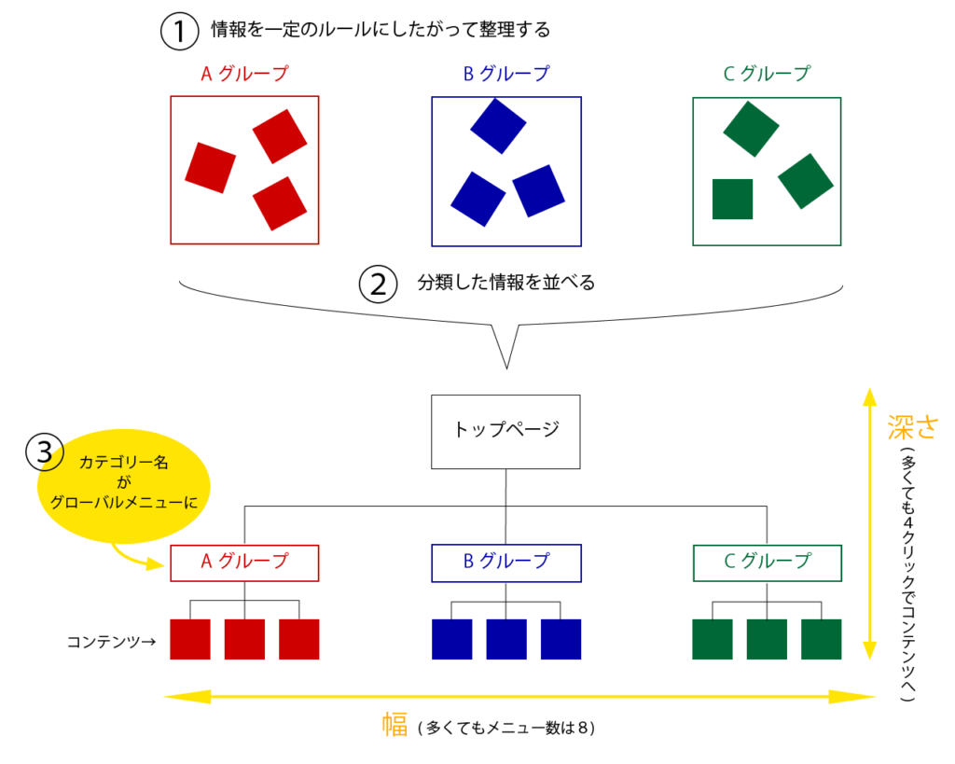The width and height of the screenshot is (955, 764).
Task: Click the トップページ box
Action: [505, 431]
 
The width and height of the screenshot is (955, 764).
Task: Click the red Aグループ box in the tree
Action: [244, 563]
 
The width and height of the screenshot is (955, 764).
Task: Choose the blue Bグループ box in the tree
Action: [505, 563]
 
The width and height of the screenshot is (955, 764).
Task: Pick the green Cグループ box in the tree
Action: [767, 563]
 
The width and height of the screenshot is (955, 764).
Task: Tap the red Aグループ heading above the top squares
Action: [244, 74]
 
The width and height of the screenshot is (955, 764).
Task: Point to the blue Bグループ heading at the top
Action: [505, 74]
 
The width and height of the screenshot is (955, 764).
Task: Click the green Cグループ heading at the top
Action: [767, 74]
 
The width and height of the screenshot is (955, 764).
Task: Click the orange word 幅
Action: [395, 726]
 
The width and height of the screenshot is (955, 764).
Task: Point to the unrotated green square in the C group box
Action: [732, 199]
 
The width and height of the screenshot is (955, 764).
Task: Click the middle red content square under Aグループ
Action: [244, 639]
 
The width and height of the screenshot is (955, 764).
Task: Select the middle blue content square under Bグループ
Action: [506, 639]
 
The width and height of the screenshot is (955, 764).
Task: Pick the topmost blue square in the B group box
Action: [498, 125]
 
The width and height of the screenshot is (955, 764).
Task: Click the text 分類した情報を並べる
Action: [506, 283]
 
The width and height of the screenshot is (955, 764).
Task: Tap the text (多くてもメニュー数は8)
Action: [507, 728]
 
